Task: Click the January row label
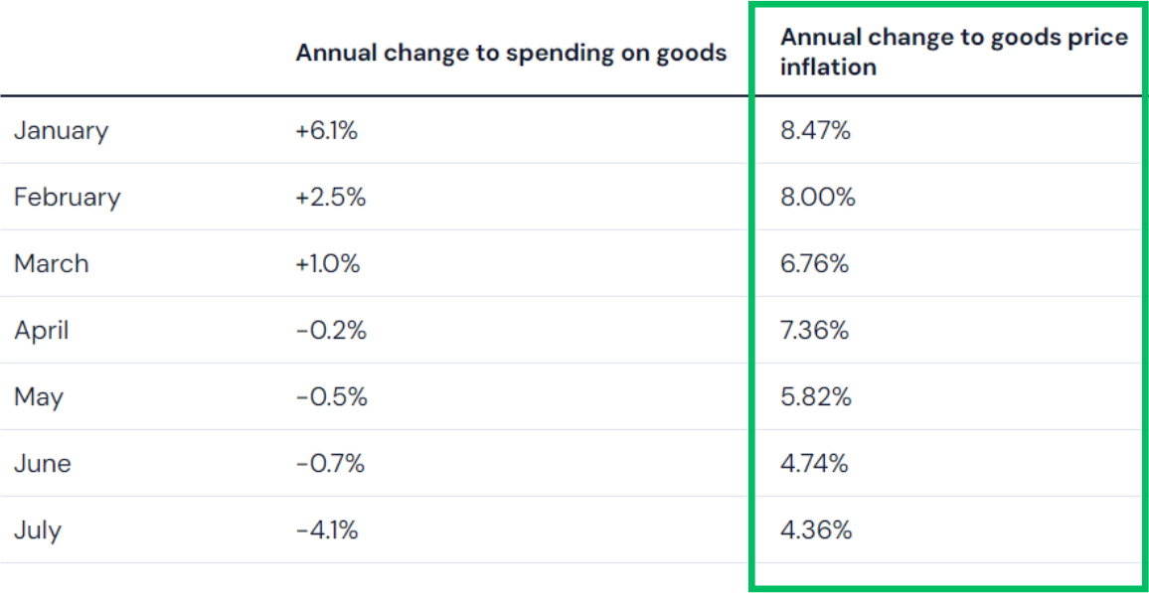61,130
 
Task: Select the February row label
67,197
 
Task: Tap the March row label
52,263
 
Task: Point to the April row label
42,330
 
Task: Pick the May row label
39,397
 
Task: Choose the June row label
43,463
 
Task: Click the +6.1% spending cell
326,130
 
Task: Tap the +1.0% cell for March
328,263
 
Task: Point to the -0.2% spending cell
331,330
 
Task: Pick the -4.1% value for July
327,529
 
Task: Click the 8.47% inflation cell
816,130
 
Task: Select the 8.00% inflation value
818,197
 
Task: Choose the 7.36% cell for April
815,330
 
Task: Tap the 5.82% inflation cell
816,397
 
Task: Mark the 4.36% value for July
816,529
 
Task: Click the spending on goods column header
511,53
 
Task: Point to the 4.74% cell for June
815,463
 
